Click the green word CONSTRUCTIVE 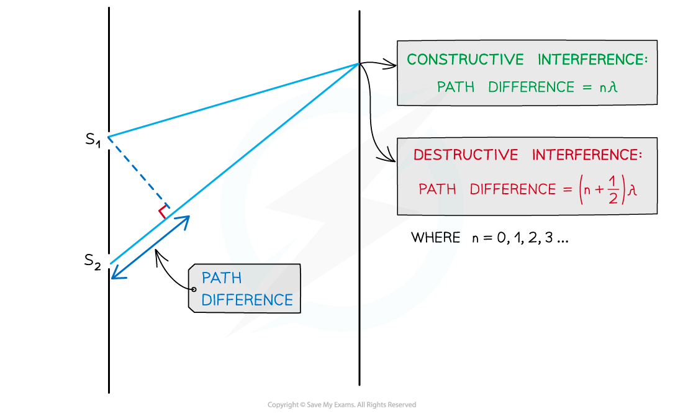click(465, 60)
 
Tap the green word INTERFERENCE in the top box click(592, 60)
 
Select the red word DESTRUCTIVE click(465, 155)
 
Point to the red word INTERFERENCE click(587, 155)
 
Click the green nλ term click(608, 88)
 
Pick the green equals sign click(587, 88)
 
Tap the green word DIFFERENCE click(531, 88)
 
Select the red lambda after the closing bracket click(632, 190)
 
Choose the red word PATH click(437, 189)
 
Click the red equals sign click(566, 189)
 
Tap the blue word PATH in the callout click(222, 278)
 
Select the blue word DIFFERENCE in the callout click(247, 300)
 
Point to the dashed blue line click(137, 172)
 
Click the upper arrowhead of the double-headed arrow click(186, 219)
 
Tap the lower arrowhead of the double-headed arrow click(115, 275)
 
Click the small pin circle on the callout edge click(194, 289)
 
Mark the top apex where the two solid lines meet click(358, 63)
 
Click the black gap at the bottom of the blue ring click(360, 317)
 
